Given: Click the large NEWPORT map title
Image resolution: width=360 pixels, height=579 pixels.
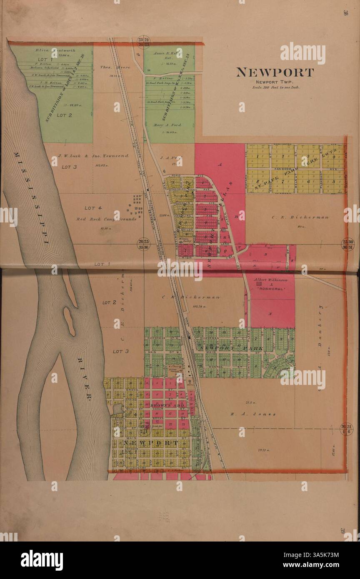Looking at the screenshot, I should tap(275, 72).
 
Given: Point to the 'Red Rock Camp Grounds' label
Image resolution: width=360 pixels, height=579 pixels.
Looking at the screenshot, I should tap(106, 219).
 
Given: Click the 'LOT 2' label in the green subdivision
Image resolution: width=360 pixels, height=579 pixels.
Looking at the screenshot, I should tap(65, 115).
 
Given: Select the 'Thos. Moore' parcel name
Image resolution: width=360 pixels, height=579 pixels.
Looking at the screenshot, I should tap(109, 67).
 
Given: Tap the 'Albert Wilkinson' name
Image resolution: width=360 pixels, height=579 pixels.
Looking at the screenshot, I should tap(271, 280).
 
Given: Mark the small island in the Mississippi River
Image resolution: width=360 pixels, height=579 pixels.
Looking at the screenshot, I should tap(69, 321).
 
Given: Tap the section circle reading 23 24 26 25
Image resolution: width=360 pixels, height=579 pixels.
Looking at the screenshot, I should tap(144, 42).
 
